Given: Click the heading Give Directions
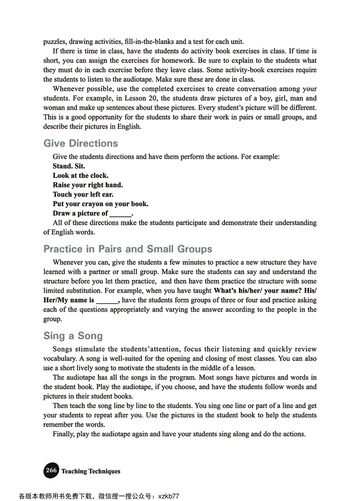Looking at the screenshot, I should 81,143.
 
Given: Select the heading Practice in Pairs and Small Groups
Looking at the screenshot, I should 128,249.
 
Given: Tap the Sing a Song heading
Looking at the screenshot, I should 73,336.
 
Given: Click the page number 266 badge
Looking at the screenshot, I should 51,470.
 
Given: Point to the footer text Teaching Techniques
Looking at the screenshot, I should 91,471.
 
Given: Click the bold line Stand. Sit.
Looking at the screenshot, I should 69,166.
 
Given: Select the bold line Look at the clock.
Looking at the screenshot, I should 81,175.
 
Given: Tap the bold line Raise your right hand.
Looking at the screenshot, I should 88,185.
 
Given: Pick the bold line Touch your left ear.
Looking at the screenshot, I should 83,194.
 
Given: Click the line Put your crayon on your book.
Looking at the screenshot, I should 100,204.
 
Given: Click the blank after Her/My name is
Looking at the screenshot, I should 107,300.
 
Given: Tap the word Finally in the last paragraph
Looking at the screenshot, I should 64,434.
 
